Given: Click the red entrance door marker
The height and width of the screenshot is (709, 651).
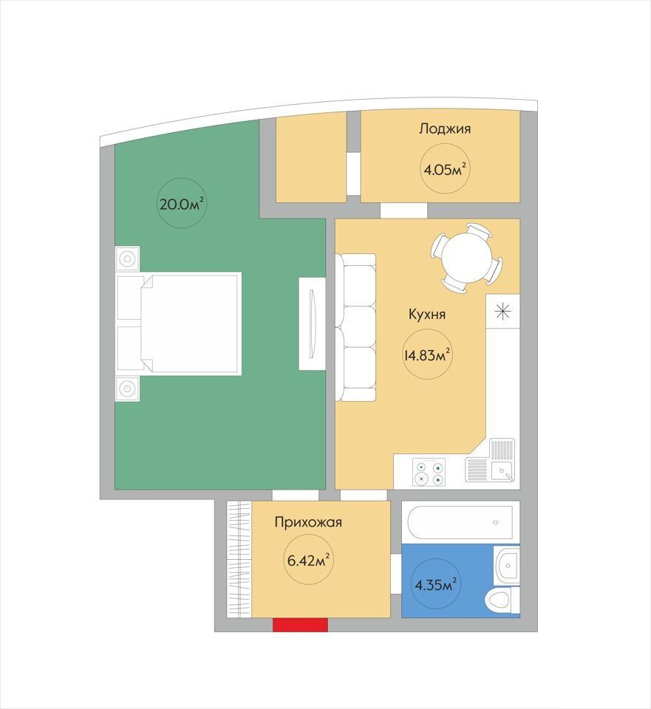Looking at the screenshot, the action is point(300,625).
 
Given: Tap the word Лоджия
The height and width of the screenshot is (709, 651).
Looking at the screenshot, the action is point(445,129).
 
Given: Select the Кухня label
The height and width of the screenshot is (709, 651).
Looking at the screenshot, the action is point(426,315).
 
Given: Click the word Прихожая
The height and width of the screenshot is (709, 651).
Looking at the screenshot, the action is point(308,523).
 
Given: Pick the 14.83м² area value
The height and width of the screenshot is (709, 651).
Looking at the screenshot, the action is point(427,355).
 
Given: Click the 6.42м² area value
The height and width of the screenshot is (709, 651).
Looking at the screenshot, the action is point(308,561).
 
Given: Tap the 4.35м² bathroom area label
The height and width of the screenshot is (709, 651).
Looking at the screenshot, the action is point(435,585).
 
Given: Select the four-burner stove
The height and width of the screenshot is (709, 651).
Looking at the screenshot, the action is point(429,473).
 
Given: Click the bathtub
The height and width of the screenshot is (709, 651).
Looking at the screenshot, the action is point(460,522).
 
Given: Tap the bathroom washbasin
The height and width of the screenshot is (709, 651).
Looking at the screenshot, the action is point(507,565).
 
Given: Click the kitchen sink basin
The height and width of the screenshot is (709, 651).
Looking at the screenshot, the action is point(502,472).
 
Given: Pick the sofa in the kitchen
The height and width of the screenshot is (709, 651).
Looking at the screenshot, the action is point(355,327).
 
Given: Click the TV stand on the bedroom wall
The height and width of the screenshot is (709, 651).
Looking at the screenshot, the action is point(312,323).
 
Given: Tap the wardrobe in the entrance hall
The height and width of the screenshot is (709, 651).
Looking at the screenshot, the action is point(239,559).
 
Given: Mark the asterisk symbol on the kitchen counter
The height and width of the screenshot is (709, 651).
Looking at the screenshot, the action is point(502,312).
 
